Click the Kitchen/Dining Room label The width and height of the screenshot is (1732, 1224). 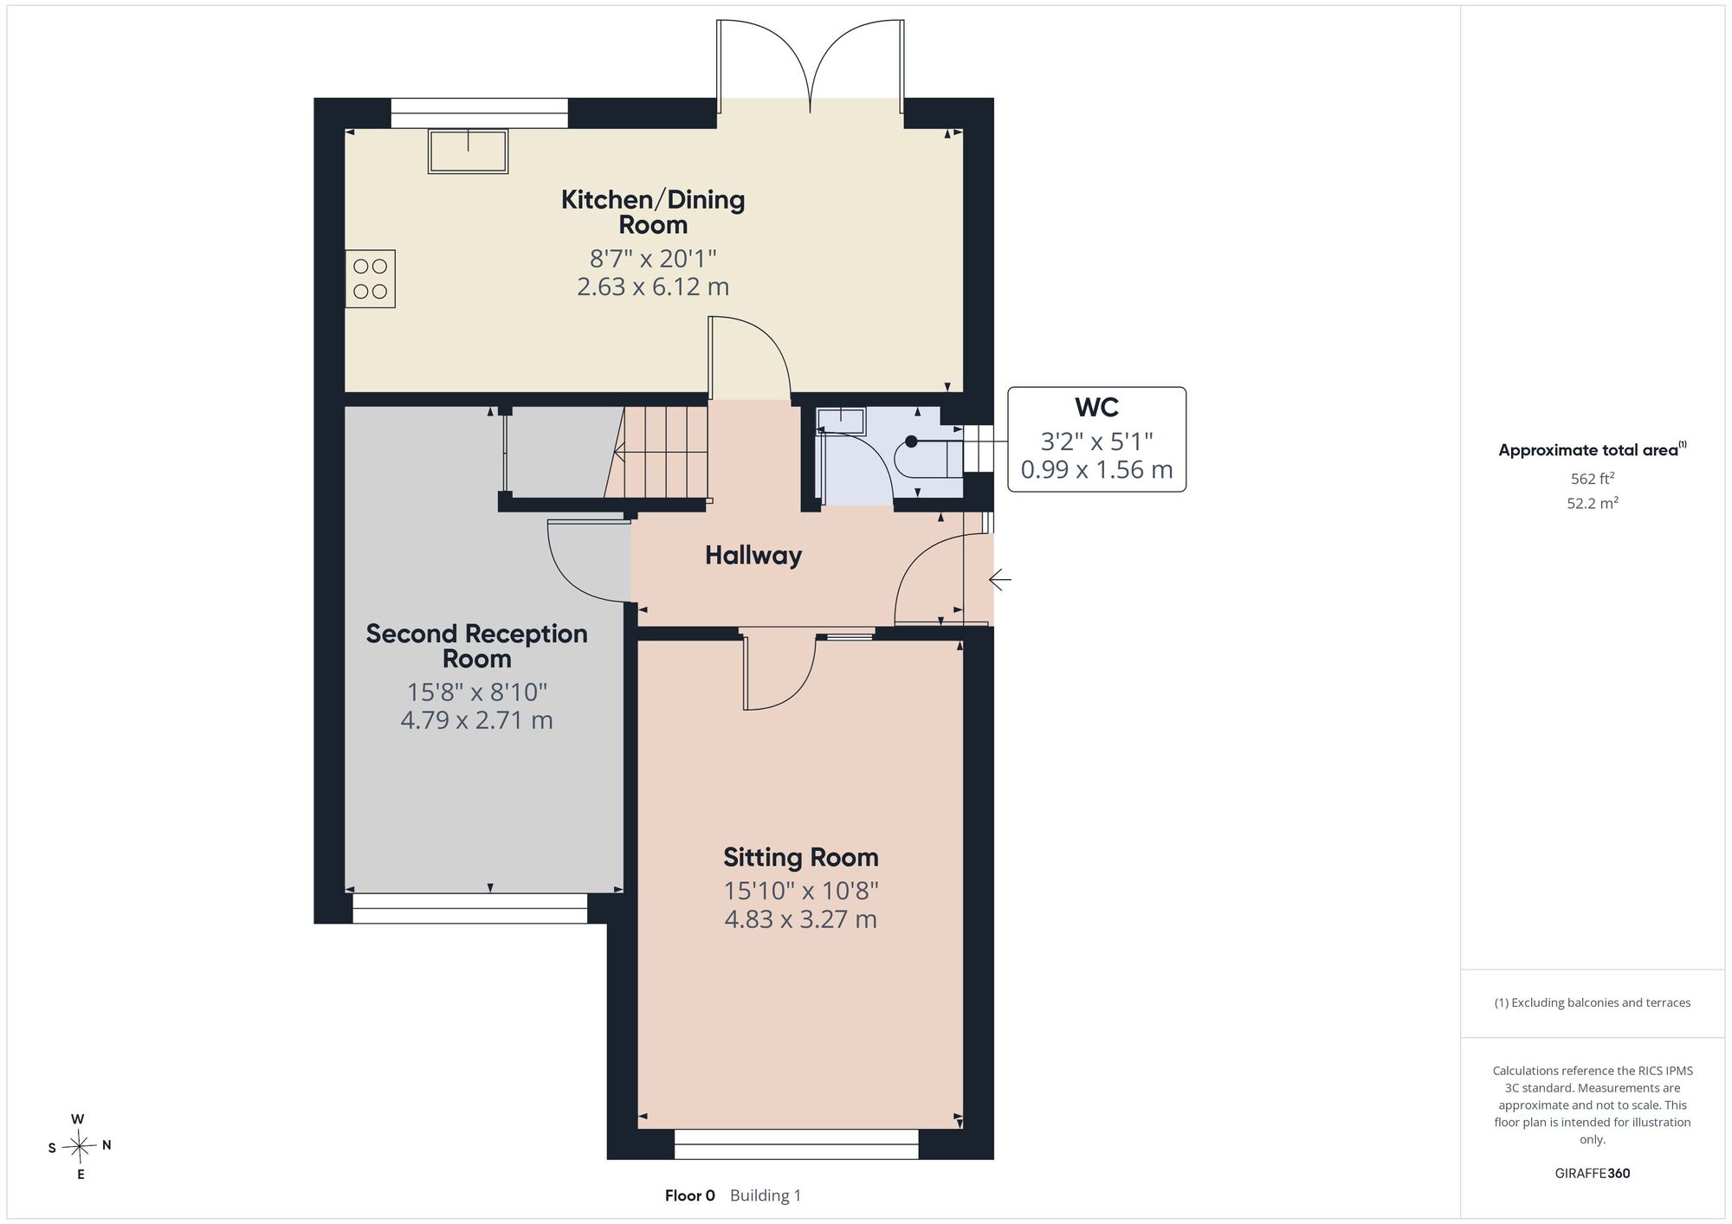click(653, 212)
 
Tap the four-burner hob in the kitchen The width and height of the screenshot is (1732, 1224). click(371, 279)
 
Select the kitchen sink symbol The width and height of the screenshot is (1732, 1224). click(468, 151)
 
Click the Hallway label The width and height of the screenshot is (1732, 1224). click(753, 556)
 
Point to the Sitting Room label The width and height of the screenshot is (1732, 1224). click(801, 858)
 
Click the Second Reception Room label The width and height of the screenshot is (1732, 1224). click(477, 646)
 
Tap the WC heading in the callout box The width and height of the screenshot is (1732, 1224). click(1096, 407)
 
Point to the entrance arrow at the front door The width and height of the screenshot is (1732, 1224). click(1000, 579)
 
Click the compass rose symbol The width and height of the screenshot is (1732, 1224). click(80, 1147)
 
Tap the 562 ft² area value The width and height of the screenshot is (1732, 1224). click(1593, 479)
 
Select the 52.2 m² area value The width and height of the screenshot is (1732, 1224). click(1593, 503)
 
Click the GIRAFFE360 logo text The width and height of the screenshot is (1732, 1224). click(1592, 1174)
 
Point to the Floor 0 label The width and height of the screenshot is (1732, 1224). click(690, 1195)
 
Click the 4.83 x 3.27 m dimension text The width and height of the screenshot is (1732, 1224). click(801, 919)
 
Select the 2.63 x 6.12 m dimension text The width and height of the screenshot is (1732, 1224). click(653, 287)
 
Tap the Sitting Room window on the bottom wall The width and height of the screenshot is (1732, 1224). click(797, 1144)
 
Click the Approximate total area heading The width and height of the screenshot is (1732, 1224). click(1593, 449)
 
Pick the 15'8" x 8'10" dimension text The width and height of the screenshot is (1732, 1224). click(477, 693)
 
